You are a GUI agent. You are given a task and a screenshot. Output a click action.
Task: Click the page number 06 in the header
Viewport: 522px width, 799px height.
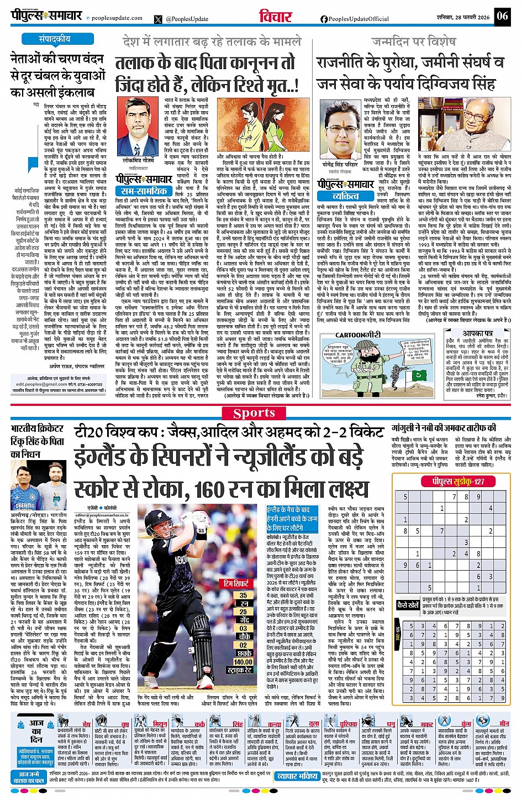click(x=502, y=15)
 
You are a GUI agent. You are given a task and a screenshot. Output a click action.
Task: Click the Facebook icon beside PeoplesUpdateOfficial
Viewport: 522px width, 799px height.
click(x=324, y=19)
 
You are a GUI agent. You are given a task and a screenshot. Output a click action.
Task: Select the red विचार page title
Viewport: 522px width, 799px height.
click(x=276, y=16)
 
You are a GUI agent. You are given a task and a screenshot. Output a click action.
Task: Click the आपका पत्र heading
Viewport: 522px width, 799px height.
click(x=478, y=334)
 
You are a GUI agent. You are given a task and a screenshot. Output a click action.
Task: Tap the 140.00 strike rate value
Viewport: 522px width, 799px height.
click(x=243, y=662)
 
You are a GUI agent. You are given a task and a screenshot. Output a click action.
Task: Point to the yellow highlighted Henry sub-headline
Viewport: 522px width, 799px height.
click(x=292, y=518)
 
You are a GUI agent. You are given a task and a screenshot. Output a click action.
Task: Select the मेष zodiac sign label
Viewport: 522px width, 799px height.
click(x=86, y=724)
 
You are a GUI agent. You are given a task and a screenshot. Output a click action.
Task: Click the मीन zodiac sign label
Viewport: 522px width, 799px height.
click(x=504, y=723)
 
